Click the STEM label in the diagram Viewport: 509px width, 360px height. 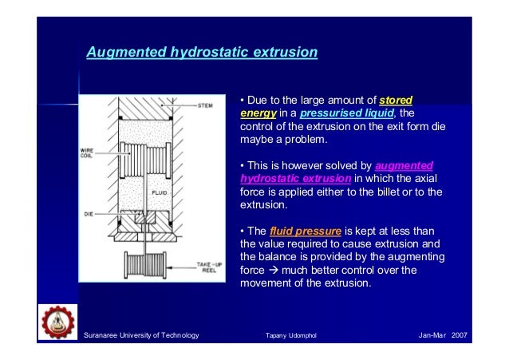click(x=205, y=105)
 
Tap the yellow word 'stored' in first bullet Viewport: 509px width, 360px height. click(x=396, y=100)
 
